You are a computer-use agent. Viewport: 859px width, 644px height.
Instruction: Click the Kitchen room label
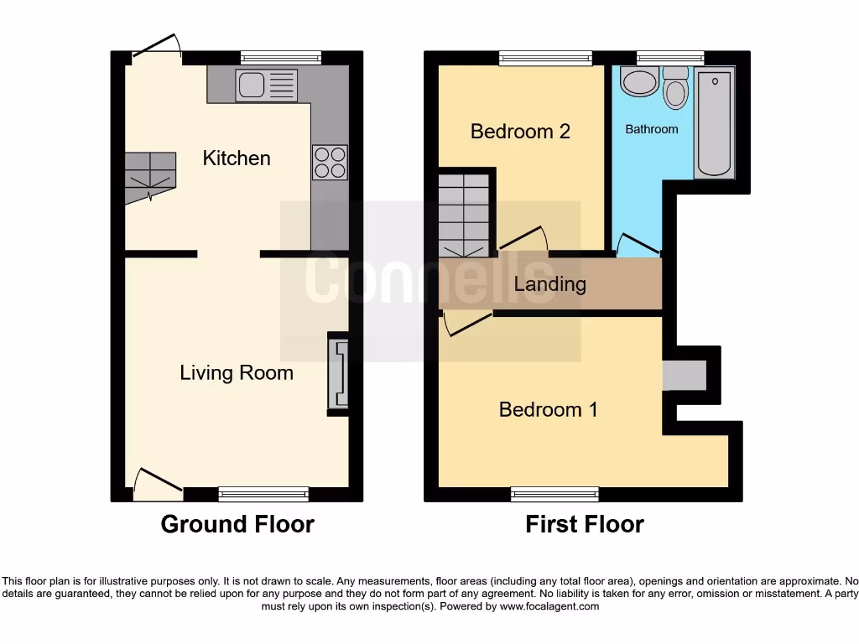point(237,158)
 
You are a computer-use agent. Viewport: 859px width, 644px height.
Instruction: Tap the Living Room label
point(237,372)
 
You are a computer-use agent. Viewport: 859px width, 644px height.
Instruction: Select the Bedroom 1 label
point(548,409)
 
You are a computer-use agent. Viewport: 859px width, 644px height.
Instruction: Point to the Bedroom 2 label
point(520,132)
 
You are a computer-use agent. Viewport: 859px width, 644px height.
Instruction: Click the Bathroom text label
point(652,129)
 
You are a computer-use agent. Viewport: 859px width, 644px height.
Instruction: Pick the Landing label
point(549,284)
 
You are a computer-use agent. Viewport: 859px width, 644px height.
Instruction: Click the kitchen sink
point(266,86)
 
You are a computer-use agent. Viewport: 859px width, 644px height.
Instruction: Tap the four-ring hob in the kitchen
point(330,163)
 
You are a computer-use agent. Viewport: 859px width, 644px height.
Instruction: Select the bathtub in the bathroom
point(714,123)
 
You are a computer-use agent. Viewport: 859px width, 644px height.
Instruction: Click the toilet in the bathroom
point(675,89)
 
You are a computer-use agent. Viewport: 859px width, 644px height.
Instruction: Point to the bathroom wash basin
point(640,82)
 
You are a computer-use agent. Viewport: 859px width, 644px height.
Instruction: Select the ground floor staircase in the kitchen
point(150,177)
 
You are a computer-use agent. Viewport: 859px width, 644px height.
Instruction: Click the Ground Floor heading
point(237,525)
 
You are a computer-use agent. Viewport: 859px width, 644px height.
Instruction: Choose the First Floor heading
point(585,525)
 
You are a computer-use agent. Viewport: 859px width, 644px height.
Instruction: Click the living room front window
point(263,494)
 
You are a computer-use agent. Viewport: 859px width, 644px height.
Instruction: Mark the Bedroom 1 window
point(554,494)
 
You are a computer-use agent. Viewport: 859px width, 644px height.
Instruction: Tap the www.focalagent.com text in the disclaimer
point(549,606)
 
